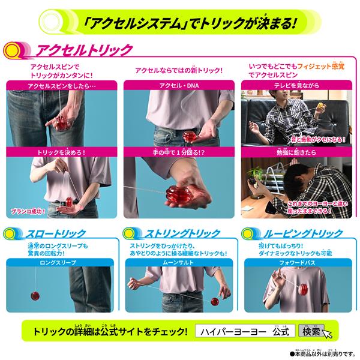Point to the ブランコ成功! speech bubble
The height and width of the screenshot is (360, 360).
[29, 211]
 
